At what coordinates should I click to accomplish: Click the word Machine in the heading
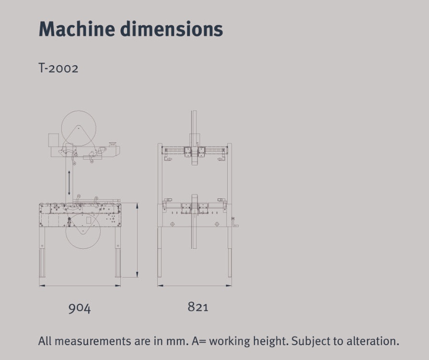77,29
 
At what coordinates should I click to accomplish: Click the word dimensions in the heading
172,29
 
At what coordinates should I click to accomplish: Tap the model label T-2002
58,68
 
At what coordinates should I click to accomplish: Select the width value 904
80,308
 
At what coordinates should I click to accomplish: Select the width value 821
198,307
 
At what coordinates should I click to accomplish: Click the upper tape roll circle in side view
79,111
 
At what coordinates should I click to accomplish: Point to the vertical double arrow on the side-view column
69,183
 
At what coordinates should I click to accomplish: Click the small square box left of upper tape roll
54,140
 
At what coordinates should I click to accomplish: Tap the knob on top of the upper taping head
113,144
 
